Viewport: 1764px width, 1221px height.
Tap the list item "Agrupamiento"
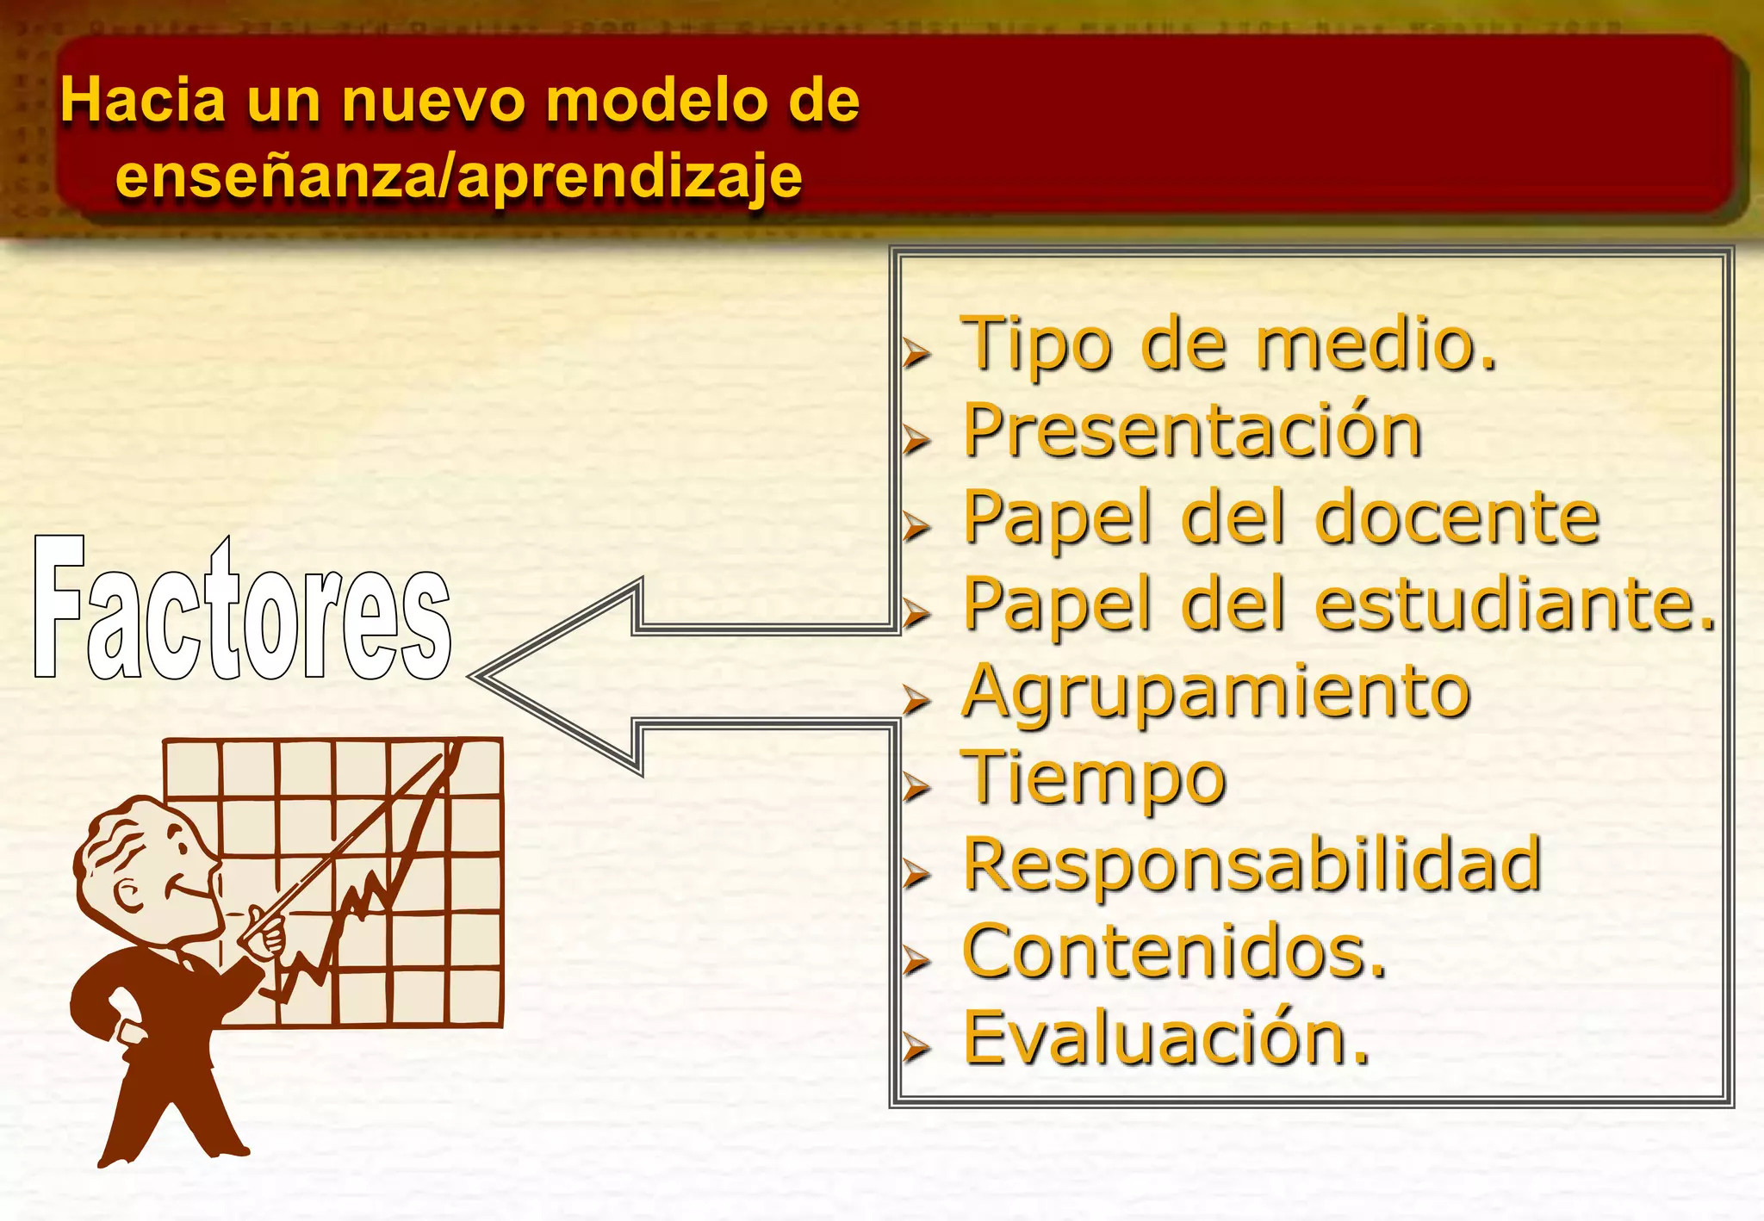tap(1216, 692)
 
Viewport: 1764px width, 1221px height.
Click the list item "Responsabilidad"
tap(1252, 865)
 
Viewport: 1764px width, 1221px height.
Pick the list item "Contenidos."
tap(1175, 951)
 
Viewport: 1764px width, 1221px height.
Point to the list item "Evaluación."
tap(1166, 1038)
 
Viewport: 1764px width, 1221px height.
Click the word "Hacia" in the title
tap(143, 101)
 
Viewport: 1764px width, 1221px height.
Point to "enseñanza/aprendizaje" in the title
tap(459, 177)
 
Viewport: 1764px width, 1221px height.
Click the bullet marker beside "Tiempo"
tap(917, 787)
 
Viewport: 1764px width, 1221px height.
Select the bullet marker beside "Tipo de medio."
tap(917, 352)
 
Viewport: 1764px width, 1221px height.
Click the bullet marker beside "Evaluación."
tap(917, 1048)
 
